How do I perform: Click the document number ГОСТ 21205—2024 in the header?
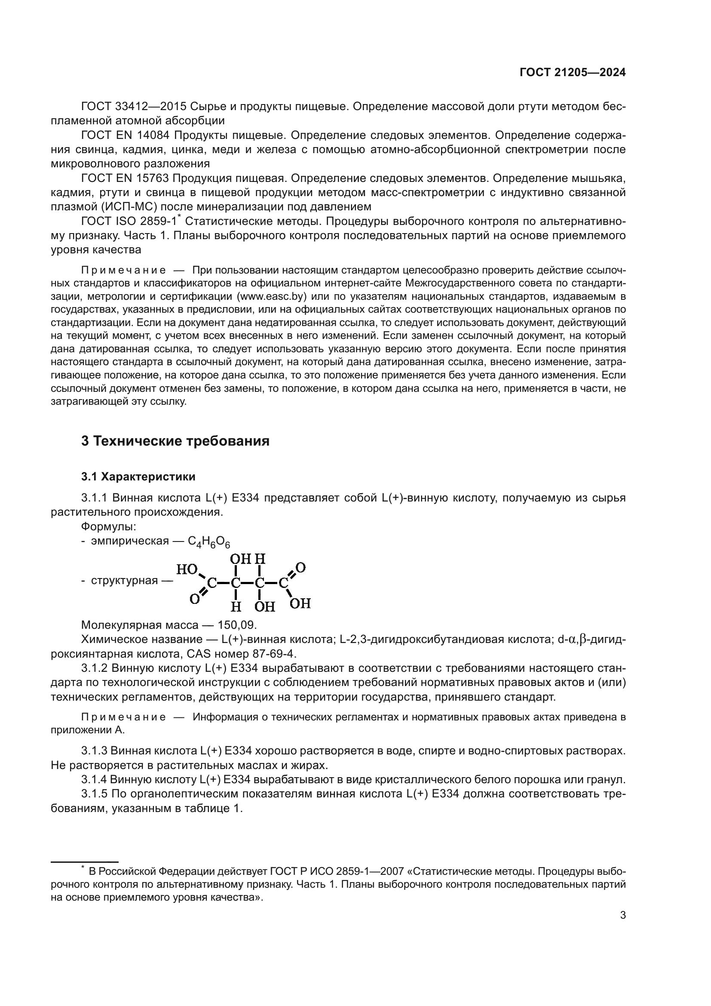(572, 73)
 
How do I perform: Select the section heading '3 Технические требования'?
(175, 441)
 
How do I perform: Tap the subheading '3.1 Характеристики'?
(138, 476)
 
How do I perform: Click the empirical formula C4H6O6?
(209, 542)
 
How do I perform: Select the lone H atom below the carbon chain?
(236, 606)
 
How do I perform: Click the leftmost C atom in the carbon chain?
(212, 583)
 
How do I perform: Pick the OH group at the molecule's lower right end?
(300, 603)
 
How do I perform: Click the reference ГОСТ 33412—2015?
(134, 107)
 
